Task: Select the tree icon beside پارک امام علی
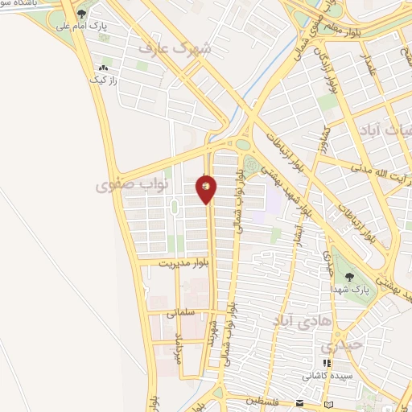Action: tap(81, 14)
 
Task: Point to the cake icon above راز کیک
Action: tap(103, 68)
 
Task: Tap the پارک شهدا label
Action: tap(371, 286)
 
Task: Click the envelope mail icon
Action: tap(299, 402)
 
